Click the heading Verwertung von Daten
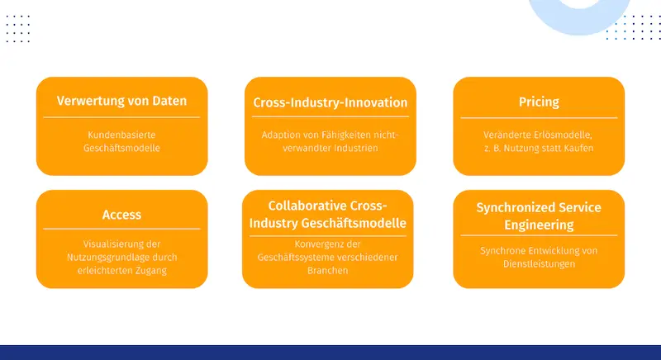[121, 101]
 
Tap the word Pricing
[539, 102]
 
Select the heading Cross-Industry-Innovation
[330, 102]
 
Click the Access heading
[121, 215]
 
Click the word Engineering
[539, 225]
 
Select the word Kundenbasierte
[121, 135]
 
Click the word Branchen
[327, 271]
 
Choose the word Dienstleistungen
[539, 264]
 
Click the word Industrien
[356, 148]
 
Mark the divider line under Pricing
[539, 118]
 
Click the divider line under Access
[121, 229]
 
